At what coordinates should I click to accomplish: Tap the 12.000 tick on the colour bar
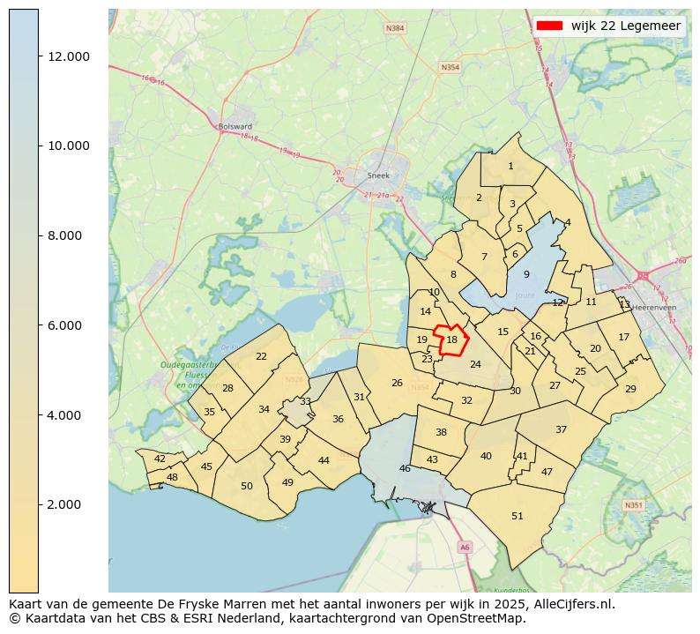pos(69,56)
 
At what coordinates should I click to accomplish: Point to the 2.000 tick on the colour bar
pos(69,504)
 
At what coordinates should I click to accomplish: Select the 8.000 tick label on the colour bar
pos(69,235)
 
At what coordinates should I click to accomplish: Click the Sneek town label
pos(378,175)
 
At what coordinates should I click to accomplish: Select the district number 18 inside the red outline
pos(451,339)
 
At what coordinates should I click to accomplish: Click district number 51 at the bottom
pos(518,516)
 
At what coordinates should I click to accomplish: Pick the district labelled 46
pos(405,468)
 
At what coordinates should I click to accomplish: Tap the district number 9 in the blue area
pos(526,275)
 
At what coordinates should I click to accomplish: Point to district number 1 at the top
pos(510,166)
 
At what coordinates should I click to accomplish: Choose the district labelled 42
pos(160,459)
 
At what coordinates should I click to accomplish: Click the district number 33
pos(305,401)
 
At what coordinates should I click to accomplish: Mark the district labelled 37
pos(561,429)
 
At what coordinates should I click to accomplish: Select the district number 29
pos(630,389)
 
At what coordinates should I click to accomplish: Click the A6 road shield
pos(465,548)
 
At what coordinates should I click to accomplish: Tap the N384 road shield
pos(395,28)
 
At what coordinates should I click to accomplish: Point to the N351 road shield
pos(632,505)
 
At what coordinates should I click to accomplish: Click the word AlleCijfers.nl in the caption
pos(570,605)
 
